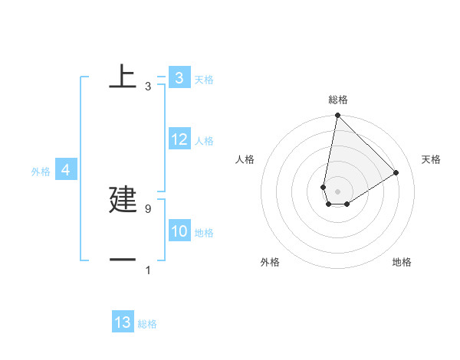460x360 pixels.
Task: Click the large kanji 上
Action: pos(123,76)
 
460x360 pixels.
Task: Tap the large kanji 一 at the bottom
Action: pos(123,260)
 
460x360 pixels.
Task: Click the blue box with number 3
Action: pos(179,77)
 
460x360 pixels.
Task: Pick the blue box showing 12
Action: pos(179,139)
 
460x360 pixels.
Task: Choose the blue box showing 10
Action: pos(179,231)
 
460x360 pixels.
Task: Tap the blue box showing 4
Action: pos(66,170)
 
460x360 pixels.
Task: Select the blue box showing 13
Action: pos(123,322)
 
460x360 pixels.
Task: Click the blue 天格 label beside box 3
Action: pos(204,79)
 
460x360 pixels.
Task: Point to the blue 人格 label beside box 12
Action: pos(204,141)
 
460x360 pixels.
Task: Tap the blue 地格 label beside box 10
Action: pos(204,233)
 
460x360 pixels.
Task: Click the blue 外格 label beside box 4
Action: pos(41,172)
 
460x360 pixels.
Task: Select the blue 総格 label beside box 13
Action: pos(147,324)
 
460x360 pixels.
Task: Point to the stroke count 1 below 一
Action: pos(147,270)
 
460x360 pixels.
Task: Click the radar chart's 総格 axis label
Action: pos(337,100)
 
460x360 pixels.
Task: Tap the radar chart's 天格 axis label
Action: pos(431,159)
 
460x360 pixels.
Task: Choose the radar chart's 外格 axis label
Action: pos(270,262)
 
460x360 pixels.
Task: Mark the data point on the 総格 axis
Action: pos(337,116)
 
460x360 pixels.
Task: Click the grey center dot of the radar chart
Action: pos(337,191)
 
